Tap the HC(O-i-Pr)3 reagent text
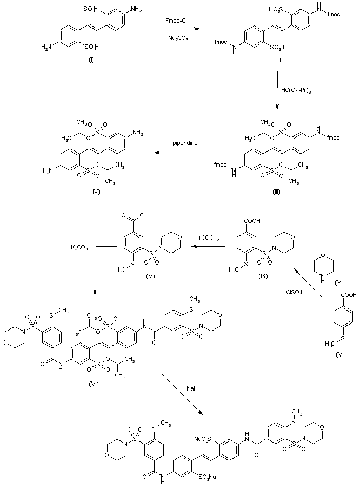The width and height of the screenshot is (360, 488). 296,89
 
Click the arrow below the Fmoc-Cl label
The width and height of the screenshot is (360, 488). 177,30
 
